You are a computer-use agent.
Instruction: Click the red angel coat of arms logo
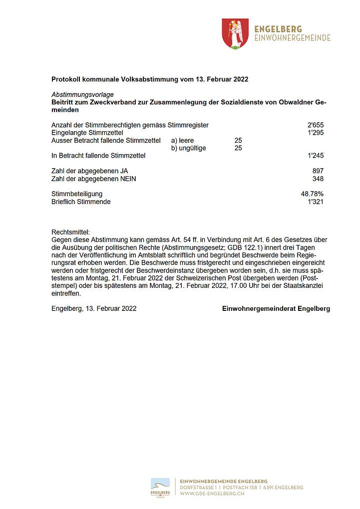tap(235, 33)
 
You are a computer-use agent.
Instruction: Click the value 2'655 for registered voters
tap(316, 125)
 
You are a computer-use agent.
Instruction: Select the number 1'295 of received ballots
tap(316, 133)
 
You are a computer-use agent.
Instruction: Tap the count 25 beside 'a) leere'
tap(238, 140)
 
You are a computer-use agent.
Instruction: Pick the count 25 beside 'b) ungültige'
tap(238, 148)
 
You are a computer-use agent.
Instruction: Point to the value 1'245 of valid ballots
tap(316, 156)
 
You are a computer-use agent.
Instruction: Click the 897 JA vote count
tap(318, 171)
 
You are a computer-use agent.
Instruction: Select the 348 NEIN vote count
tap(318, 179)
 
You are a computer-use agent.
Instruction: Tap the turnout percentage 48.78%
tap(312, 194)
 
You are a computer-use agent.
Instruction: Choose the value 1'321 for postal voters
tap(316, 202)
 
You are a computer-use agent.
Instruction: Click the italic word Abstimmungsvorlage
tap(82, 94)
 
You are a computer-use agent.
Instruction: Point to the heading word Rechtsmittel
tap(70, 232)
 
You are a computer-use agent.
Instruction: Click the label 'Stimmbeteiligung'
tap(77, 194)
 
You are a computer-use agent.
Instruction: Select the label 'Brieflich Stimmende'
tap(81, 202)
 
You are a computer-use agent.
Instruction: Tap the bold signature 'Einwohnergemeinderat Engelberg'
tap(276, 309)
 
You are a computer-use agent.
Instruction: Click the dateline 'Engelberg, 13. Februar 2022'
tap(94, 309)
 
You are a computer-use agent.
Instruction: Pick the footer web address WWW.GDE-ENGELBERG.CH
tap(212, 494)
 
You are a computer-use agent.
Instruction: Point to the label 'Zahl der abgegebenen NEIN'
tap(94, 179)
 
